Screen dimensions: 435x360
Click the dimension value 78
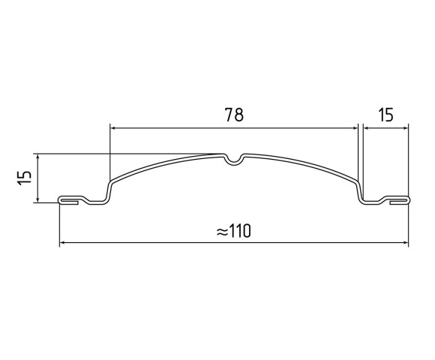235,115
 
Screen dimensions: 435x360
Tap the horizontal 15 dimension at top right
386,115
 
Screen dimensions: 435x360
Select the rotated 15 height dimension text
24,178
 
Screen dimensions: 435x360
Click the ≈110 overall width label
233,231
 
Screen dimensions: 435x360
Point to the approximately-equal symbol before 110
222,232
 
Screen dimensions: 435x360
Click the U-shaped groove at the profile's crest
234,159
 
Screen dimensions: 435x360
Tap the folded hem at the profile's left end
68,200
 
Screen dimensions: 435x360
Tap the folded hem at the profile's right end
400,200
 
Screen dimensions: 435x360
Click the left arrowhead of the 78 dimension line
113,128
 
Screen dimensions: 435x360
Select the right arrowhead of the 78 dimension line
355,128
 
